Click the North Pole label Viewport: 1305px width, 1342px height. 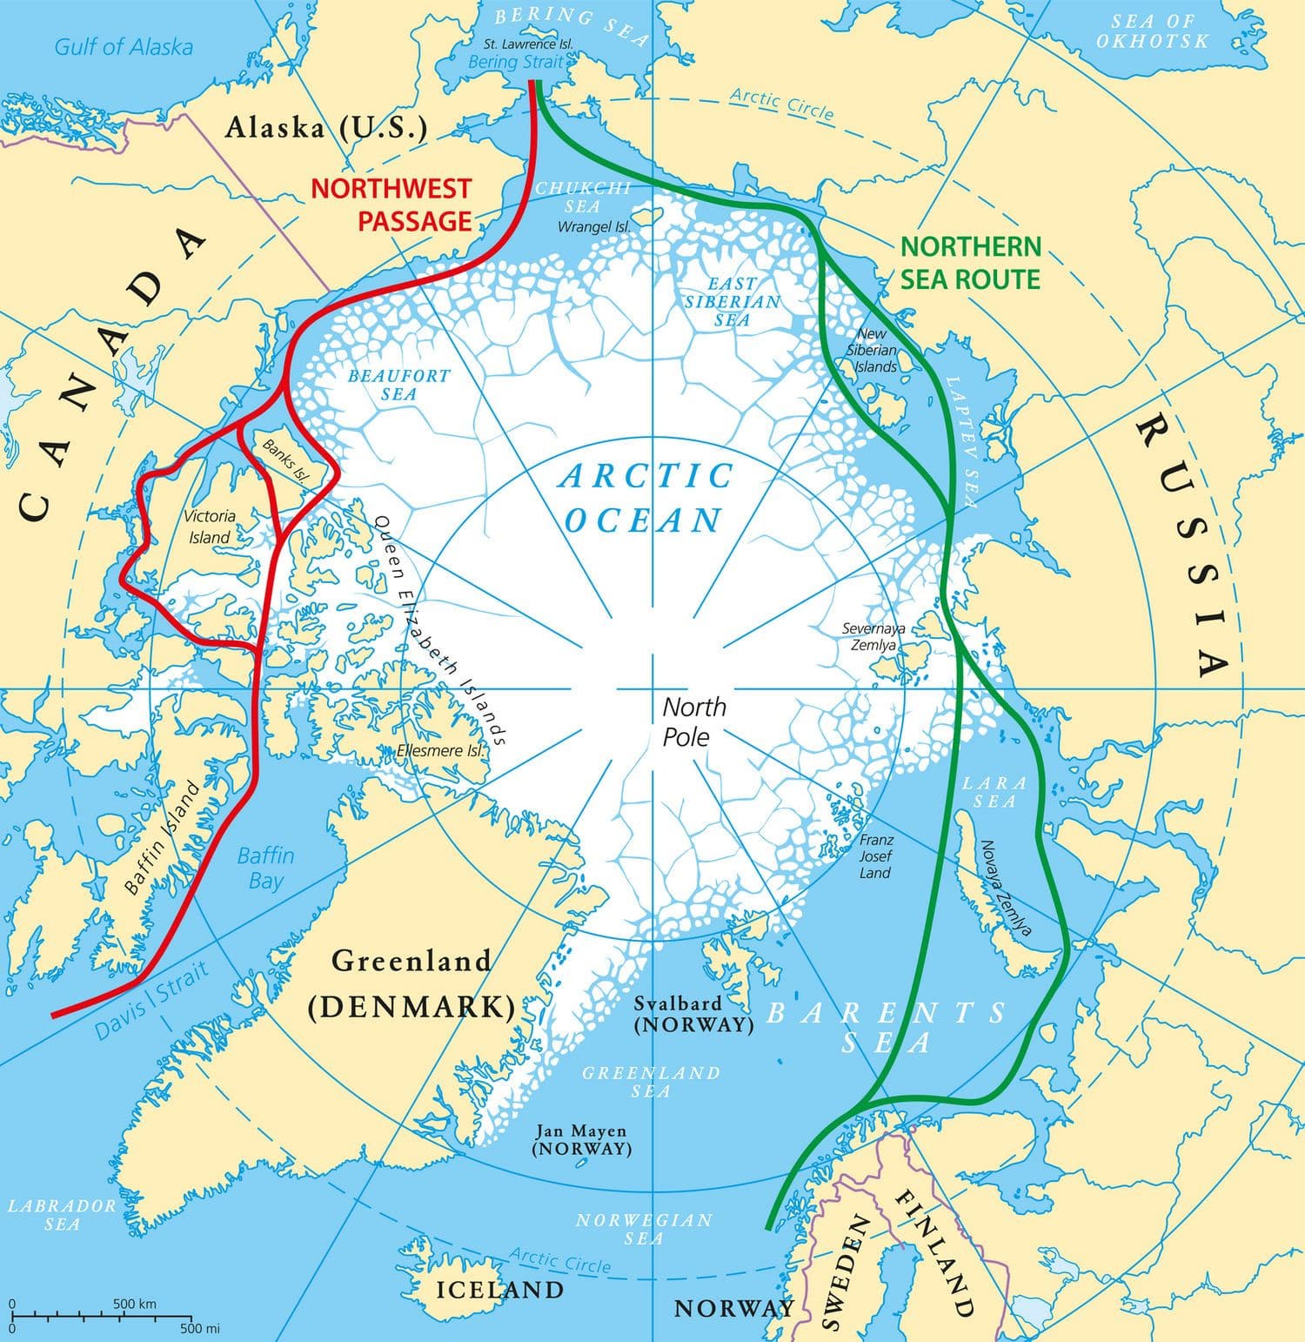click(x=693, y=721)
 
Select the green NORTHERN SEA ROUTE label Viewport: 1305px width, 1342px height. click(x=970, y=263)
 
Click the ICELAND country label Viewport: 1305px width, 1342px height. click(x=499, y=1289)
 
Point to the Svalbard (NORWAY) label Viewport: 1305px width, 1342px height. click(x=693, y=1014)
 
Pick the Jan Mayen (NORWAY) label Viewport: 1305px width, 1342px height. click(x=581, y=1139)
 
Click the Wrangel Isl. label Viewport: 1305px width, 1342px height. click(x=593, y=227)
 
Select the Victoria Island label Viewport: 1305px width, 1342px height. click(x=210, y=527)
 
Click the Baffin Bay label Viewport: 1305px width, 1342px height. click(x=265, y=868)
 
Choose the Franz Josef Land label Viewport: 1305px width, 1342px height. click(x=875, y=856)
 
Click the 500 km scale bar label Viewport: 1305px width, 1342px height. click(x=134, y=1304)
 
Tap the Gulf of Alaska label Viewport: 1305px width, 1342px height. click(x=123, y=46)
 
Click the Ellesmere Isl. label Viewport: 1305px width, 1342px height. click(x=438, y=750)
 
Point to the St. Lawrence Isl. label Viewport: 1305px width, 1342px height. click(x=528, y=44)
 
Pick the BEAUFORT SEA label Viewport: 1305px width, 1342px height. click(x=398, y=385)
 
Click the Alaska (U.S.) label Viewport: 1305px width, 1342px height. click(x=326, y=128)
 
